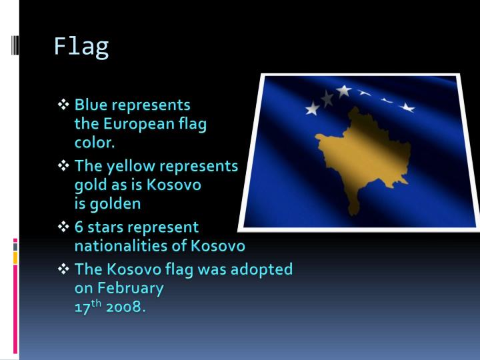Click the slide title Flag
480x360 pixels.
pos(81,47)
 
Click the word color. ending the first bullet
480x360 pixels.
pos(95,142)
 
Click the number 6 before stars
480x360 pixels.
pos(79,227)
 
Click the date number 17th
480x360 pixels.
pos(85,307)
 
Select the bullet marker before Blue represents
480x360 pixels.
pos(64,105)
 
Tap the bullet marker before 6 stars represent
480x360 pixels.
pos(64,227)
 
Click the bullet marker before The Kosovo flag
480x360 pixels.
pos(64,269)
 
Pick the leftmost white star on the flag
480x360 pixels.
pos(312,108)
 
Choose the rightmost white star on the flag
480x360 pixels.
pos(407,107)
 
